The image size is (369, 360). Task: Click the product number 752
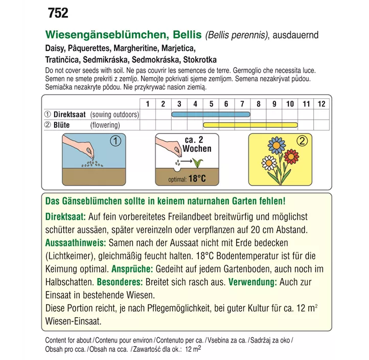point(57,13)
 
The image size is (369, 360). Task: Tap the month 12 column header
point(321,104)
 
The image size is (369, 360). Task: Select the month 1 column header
point(147,104)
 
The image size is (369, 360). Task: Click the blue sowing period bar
point(211,115)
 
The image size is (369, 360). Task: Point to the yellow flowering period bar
point(250,125)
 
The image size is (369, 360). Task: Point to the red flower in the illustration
point(291,154)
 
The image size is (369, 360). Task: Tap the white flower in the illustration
point(269,163)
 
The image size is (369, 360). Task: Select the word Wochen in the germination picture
point(197,149)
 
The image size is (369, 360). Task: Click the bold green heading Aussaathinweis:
point(76,242)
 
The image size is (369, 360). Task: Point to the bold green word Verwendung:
point(253,282)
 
